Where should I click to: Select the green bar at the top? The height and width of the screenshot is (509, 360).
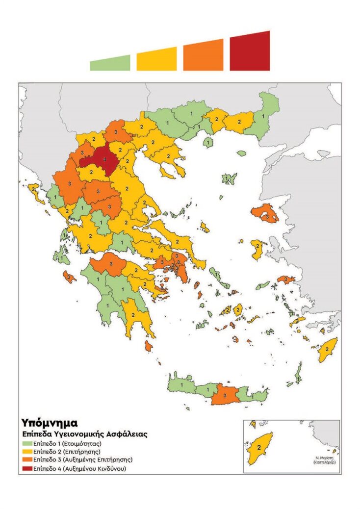point(110,63)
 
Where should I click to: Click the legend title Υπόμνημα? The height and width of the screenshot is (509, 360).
point(49,423)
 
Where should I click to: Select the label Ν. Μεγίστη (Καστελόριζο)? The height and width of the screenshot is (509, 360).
point(324,459)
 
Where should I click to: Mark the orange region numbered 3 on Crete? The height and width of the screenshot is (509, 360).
point(225,394)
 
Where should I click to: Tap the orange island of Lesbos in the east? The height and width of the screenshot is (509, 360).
point(265,214)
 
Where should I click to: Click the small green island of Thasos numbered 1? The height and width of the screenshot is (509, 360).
point(208,142)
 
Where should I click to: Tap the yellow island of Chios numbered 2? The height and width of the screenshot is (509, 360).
point(257,248)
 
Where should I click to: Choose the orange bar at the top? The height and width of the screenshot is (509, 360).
point(203,56)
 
